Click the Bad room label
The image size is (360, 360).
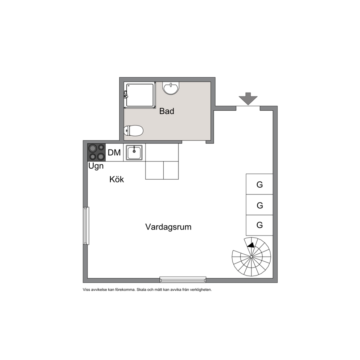pyautogui.click(x=167, y=111)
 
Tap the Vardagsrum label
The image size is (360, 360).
pyautogui.click(x=168, y=227)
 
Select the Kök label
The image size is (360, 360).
pyautogui.click(x=116, y=179)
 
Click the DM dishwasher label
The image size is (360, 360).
pyautogui.click(x=114, y=152)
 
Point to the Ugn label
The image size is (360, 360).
pyautogui.click(x=96, y=166)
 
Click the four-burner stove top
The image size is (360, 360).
pyautogui.click(x=97, y=152)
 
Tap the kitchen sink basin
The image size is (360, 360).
pyautogui.click(x=134, y=152)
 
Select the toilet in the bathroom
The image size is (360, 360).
pyautogui.click(x=134, y=131)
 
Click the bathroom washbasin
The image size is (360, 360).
pyautogui.click(x=171, y=88)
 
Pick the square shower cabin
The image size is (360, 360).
pyautogui.click(x=140, y=95)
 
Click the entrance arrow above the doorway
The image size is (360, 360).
pyautogui.click(x=248, y=99)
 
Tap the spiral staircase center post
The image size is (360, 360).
pyautogui.click(x=251, y=257)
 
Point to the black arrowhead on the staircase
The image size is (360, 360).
pyautogui.click(x=251, y=245)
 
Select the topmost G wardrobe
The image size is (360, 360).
pyautogui.click(x=259, y=184)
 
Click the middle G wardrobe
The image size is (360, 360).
pyautogui.click(x=259, y=205)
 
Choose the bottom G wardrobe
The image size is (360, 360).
pyautogui.click(x=259, y=225)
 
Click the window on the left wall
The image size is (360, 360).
pyautogui.click(x=86, y=226)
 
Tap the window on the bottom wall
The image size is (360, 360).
pyautogui.click(x=183, y=279)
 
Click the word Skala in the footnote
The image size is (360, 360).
pyautogui.click(x=142, y=290)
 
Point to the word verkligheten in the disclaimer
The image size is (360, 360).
pyautogui.click(x=201, y=290)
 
